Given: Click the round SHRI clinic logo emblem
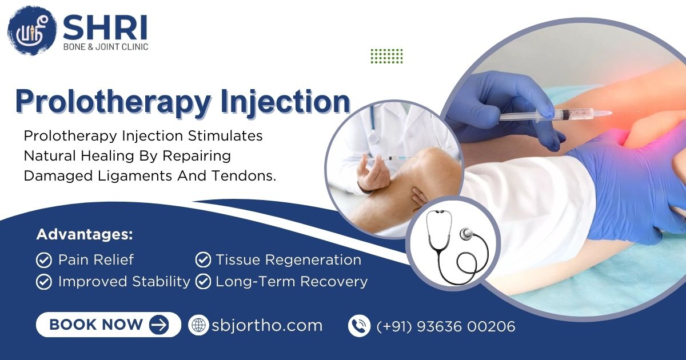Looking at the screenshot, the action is (x=32, y=31).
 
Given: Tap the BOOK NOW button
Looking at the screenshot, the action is (x=109, y=325).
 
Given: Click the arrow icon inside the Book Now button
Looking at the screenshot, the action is (x=159, y=325).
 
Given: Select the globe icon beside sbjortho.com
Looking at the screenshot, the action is (x=198, y=325).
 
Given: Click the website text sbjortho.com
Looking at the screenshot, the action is (x=267, y=325).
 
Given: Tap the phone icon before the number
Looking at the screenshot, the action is (x=359, y=326).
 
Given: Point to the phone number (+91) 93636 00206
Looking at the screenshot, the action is (x=446, y=326).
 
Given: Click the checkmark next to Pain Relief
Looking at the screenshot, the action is (x=44, y=260).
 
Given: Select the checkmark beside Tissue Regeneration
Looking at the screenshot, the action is (x=203, y=260).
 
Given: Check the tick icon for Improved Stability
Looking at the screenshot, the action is (x=44, y=282).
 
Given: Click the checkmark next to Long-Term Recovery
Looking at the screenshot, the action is (x=203, y=282).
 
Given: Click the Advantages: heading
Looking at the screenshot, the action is (x=85, y=234).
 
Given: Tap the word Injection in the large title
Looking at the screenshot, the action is (x=285, y=102).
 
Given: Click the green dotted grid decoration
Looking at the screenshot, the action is (x=387, y=56).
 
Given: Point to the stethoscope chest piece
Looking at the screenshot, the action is (x=466, y=234).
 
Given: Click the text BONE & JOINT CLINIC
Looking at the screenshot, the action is (x=106, y=47).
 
